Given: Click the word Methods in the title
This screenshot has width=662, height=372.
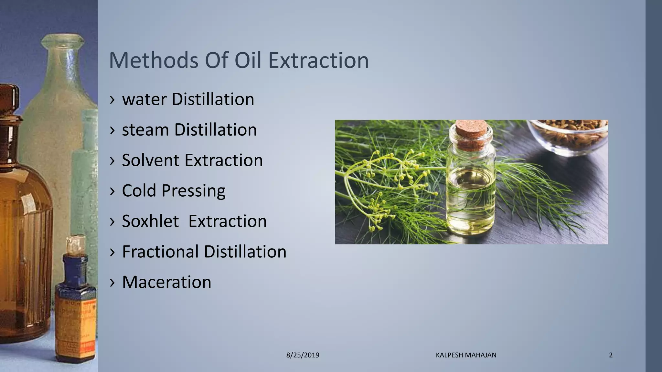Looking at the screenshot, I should (x=154, y=60).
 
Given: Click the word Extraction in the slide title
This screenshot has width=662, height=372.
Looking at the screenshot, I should (x=318, y=60).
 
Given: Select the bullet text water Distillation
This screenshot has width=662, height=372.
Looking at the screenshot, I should (x=188, y=99).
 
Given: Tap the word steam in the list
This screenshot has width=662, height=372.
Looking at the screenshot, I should (x=145, y=130).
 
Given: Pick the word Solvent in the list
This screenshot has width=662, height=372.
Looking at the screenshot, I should (x=150, y=160).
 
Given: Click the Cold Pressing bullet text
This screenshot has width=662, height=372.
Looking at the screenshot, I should (x=174, y=191).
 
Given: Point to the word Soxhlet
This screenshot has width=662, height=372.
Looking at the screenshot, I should (x=150, y=221).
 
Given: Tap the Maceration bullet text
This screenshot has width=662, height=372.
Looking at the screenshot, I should (x=166, y=282).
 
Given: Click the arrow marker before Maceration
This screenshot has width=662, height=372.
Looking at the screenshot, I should (x=112, y=282).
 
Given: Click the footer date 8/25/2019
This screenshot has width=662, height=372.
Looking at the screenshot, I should (x=303, y=355).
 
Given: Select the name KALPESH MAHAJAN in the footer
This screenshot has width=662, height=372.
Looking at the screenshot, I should (x=466, y=355).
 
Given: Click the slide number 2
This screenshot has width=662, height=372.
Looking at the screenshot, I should (x=611, y=355).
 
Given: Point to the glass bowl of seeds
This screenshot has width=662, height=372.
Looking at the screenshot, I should (x=569, y=136).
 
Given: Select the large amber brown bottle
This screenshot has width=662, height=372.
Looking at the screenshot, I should (x=23, y=226).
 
